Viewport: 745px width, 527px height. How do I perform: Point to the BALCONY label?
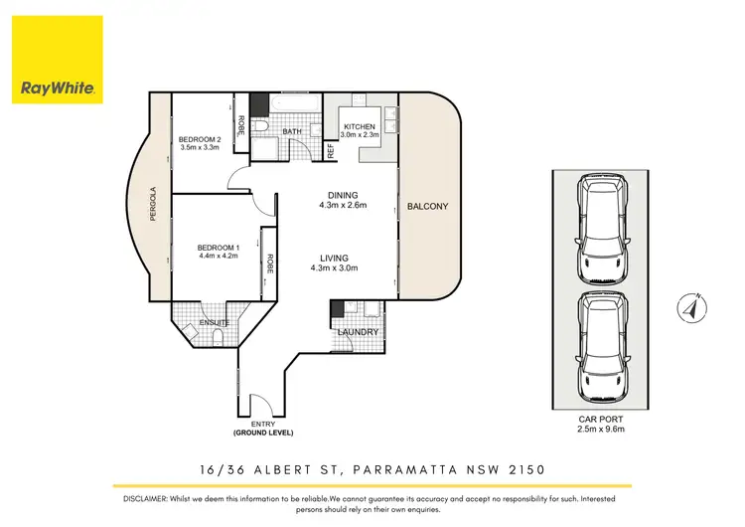428,207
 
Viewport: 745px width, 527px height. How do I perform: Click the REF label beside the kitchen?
330,151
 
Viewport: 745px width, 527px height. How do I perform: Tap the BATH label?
291,130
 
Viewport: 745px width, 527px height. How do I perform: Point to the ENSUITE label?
215,323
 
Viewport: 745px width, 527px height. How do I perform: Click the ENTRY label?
264,426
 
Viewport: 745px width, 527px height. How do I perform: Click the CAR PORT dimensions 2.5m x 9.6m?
602,429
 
